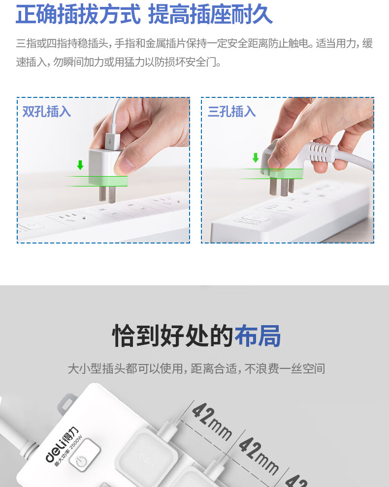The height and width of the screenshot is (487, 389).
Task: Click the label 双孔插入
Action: pos(47,112)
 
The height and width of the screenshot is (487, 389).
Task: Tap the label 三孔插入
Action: pos(231,112)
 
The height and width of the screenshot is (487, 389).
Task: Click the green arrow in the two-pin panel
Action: pos(80,165)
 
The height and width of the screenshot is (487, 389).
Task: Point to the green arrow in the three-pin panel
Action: pos(256,158)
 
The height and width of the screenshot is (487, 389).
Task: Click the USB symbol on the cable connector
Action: pos(110,142)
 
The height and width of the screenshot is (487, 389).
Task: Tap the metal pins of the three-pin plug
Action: pos(282,186)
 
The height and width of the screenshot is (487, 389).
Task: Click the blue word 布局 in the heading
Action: pos(258,335)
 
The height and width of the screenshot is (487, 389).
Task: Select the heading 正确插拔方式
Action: pos(78,14)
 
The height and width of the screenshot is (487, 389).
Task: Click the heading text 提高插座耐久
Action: pos(211,14)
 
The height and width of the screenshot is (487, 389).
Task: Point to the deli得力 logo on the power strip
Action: pos(62,445)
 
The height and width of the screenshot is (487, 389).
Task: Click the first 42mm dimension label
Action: pos(212,422)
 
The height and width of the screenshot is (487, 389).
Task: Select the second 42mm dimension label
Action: pos(259,456)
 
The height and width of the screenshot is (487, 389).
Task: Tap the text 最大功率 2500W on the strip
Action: pos(68,451)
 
